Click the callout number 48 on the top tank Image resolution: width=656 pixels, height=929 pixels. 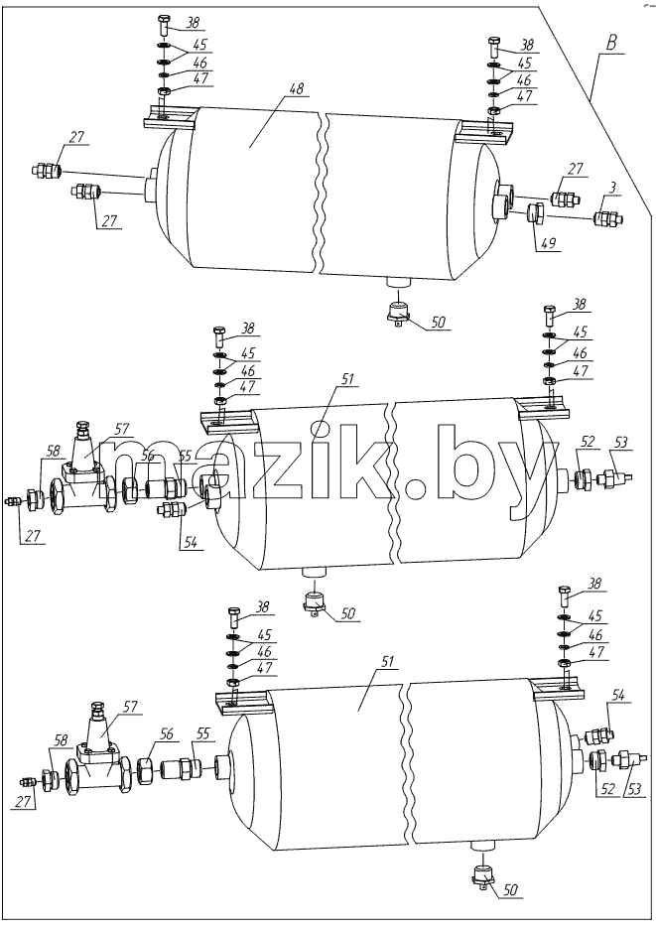click(296, 89)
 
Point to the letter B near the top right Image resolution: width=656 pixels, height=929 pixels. click(612, 44)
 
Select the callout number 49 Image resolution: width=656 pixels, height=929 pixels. click(550, 243)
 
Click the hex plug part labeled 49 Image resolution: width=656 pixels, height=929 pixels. click(535, 213)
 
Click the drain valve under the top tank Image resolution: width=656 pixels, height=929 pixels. click(399, 313)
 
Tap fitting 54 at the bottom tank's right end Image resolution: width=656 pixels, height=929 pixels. click(597, 736)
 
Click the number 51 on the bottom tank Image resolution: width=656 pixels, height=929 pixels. click(371, 661)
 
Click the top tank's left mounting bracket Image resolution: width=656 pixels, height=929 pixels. click(170, 117)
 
